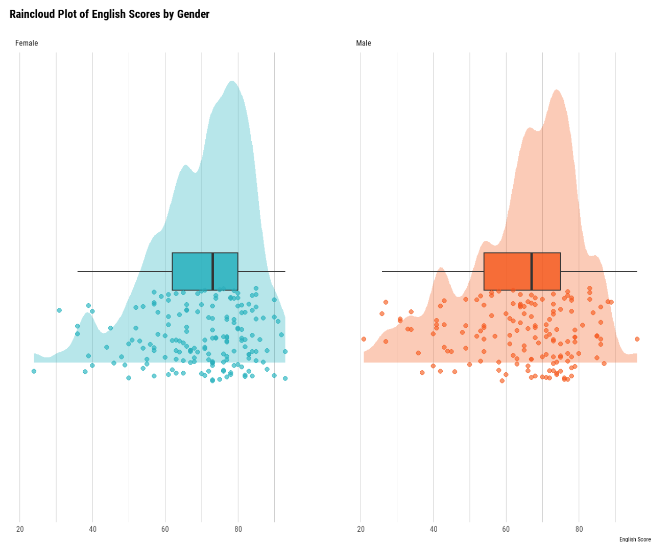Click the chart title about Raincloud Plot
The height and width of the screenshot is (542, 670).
coord(109,14)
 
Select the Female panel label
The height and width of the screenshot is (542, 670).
coord(27,43)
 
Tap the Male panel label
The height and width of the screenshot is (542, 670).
coord(364,43)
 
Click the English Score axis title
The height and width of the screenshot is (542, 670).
coord(635,539)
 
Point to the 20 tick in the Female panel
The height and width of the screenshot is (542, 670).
coord(20,529)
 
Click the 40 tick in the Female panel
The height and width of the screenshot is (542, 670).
coord(92,529)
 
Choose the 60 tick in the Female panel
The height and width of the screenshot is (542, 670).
coord(165,529)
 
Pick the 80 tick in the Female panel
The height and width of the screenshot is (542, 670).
coord(238,529)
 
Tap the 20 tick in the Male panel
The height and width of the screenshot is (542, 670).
coord(361,529)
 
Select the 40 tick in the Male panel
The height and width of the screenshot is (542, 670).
coord(434,529)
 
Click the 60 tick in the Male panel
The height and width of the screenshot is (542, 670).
coord(506,529)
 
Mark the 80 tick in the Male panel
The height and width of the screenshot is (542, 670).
coord(579,529)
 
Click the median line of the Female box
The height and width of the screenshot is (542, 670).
coord(212,272)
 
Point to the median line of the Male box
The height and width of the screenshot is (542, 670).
coord(532,272)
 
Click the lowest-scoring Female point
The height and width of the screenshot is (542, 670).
coord(34,371)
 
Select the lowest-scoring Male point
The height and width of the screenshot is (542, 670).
coord(364,339)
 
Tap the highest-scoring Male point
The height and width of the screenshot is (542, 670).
coord(637,339)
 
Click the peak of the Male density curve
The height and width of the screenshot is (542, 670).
coord(557,90)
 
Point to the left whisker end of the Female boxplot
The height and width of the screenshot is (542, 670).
coord(78,272)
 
